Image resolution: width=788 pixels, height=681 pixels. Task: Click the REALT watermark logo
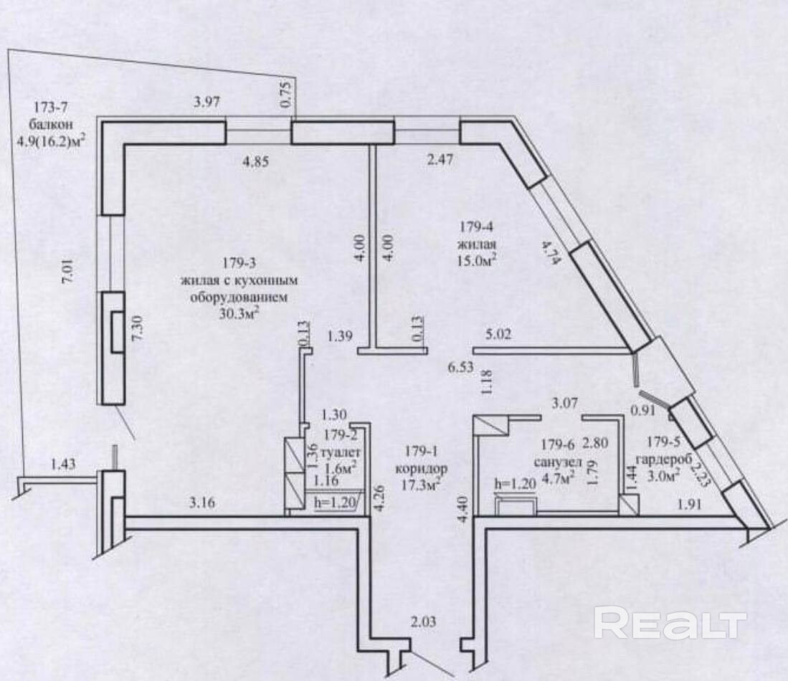tap(670, 623)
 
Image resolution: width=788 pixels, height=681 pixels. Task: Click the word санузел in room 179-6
tap(558, 461)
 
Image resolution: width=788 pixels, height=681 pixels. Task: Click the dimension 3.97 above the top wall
tap(207, 103)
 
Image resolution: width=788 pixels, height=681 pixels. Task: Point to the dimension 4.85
tap(255, 162)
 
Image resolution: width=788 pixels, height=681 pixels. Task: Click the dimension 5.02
tap(500, 334)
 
